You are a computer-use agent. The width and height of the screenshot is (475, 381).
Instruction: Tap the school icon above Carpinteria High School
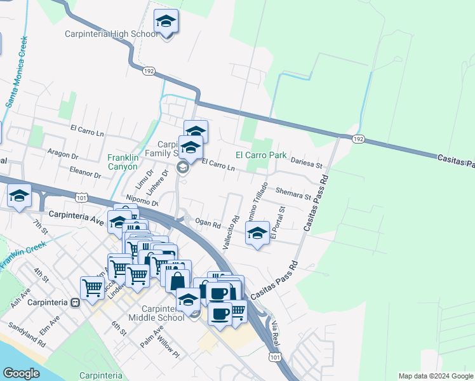pyautogui.click(x=166, y=22)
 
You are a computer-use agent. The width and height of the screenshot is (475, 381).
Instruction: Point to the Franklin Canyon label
pyautogui.click(x=122, y=162)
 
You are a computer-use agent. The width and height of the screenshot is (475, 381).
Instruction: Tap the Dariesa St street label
pyautogui.click(x=307, y=163)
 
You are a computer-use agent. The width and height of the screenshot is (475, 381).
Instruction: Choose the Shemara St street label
pyautogui.click(x=293, y=193)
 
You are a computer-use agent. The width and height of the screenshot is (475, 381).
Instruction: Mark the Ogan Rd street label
pyautogui.click(x=208, y=224)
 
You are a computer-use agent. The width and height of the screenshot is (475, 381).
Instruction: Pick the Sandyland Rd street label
pyautogui.click(x=27, y=335)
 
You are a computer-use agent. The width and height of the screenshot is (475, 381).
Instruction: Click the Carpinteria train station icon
pyautogui.click(x=75, y=303)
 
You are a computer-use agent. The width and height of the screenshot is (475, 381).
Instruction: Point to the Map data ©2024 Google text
pyautogui.click(x=435, y=376)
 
